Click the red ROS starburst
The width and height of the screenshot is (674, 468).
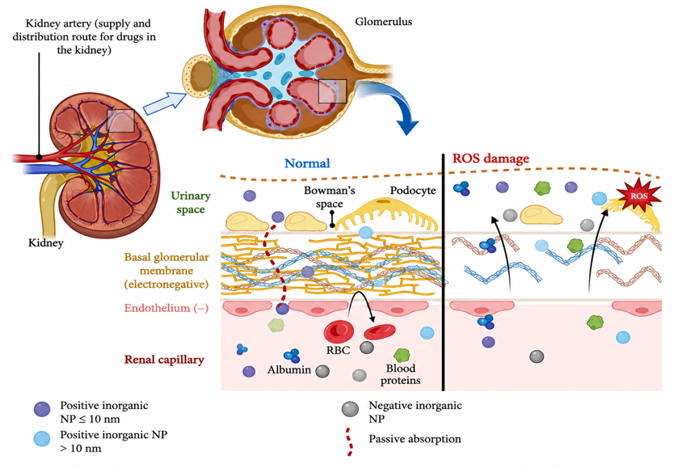[638, 196]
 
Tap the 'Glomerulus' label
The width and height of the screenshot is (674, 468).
[383, 22]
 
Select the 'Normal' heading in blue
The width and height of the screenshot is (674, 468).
[307, 163]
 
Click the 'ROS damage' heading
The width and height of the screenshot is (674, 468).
[491, 158]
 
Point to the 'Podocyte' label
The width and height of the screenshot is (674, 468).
[413, 191]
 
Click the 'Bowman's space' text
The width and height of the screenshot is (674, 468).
[329, 197]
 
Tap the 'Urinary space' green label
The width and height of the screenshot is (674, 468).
[191, 202]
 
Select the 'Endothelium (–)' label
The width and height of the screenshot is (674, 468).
[166, 308]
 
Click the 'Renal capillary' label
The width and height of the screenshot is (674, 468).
[164, 360]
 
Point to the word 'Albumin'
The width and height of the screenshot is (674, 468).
[289, 369]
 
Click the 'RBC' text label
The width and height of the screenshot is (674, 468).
[338, 350]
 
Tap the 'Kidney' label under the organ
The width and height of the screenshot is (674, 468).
[45, 242]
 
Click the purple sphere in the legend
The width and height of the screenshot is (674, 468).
[42, 409]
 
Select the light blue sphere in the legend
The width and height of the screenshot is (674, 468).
[42, 439]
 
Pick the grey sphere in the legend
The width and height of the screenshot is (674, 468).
[350, 409]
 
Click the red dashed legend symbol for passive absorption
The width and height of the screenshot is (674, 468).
[350, 442]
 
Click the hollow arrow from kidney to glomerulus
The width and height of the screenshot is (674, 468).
[165, 103]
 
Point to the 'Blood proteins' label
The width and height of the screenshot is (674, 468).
[400, 374]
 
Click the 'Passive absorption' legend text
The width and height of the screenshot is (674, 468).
[415, 439]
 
